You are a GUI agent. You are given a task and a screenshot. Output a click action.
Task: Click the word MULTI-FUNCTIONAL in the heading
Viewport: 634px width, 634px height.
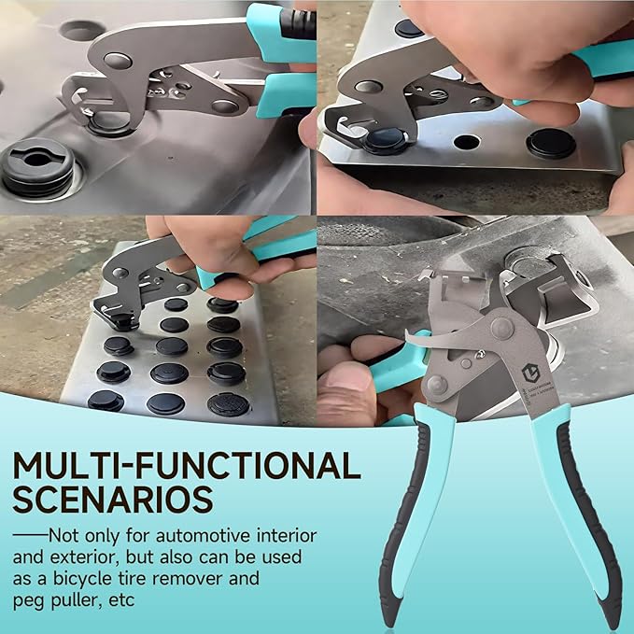[187, 465]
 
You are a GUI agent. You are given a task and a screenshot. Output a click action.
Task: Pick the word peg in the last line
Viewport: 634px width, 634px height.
[29, 599]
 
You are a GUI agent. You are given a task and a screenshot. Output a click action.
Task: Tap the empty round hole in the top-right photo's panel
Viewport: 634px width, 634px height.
[465, 143]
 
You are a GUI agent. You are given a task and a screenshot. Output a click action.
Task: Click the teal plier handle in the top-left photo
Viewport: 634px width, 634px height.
[279, 93]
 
